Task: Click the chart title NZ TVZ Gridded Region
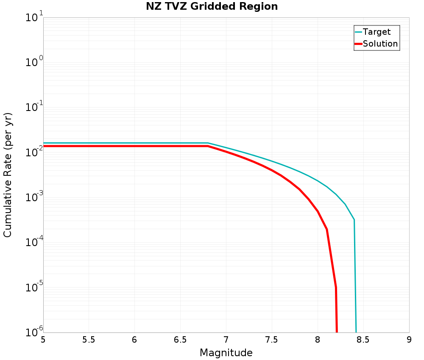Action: pyautogui.click(x=212, y=6)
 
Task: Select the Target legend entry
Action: pyautogui.click(x=373, y=32)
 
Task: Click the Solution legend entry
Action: pyautogui.click(x=376, y=44)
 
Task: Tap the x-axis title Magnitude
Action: pyautogui.click(x=226, y=353)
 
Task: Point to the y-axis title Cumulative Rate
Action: pyautogui.click(x=7, y=175)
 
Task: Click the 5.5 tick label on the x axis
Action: pyautogui.click(x=89, y=340)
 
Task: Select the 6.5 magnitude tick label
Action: pyautogui.click(x=180, y=340)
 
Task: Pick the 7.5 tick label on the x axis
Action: pyautogui.click(x=271, y=340)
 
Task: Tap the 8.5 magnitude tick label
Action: pyautogui.click(x=363, y=340)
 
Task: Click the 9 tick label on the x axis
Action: pyautogui.click(x=409, y=340)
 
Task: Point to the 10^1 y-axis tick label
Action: pyautogui.click(x=34, y=17)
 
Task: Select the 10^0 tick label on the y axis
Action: pyautogui.click(x=34, y=62)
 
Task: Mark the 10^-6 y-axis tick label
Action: pyautogui.click(x=34, y=332)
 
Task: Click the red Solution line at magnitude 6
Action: pyautogui.click(x=134, y=146)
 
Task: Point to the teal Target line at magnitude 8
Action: pyautogui.click(x=318, y=181)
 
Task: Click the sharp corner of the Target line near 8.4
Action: pyautogui.click(x=354, y=220)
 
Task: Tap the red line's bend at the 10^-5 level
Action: pyautogui.click(x=336, y=287)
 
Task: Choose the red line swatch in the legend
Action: pyautogui.click(x=358, y=44)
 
